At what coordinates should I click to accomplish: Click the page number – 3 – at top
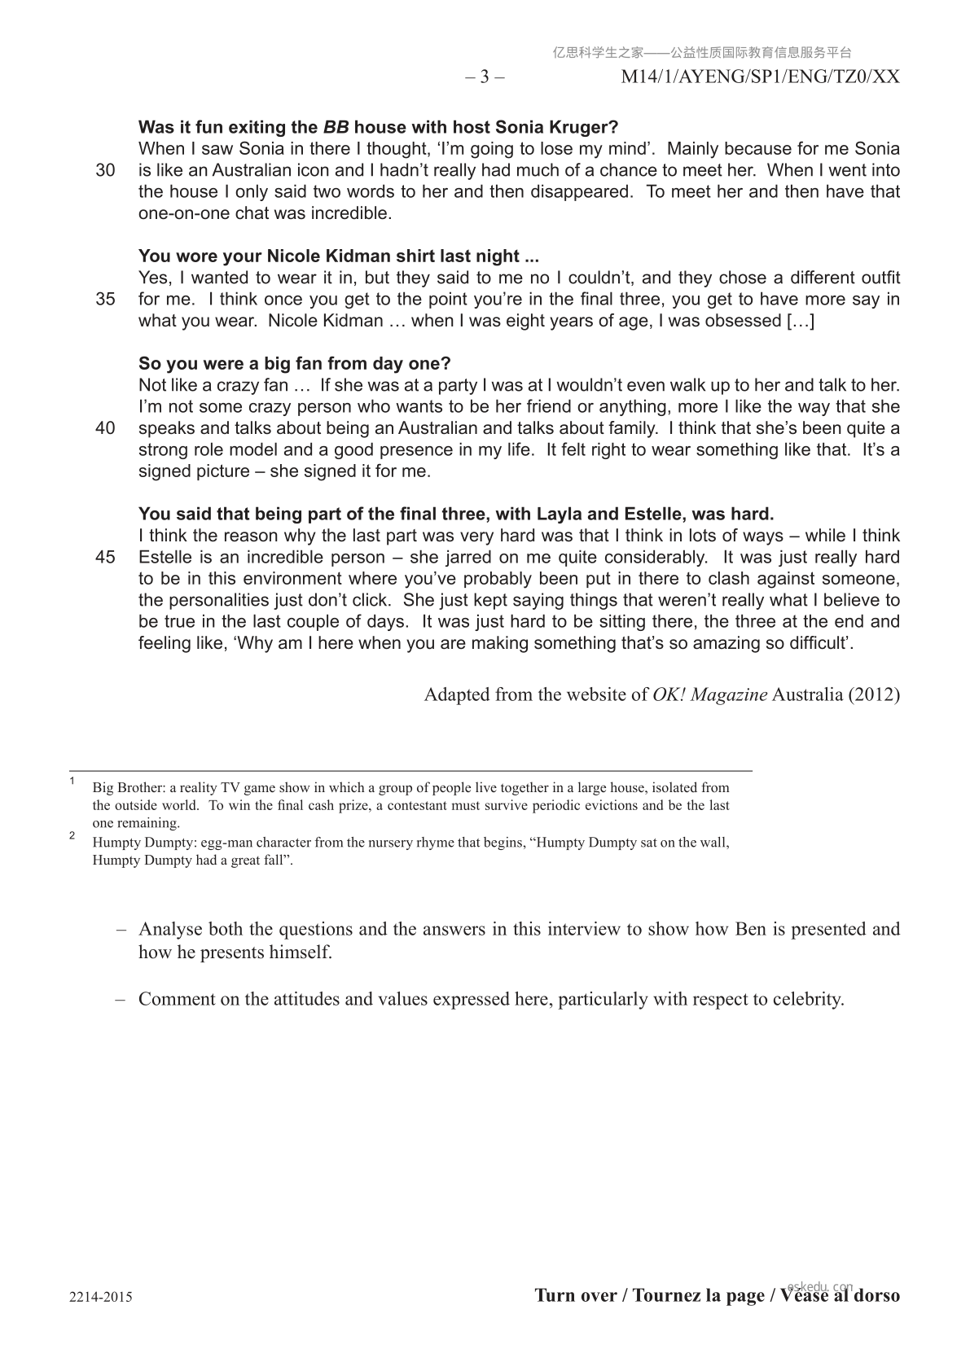485,77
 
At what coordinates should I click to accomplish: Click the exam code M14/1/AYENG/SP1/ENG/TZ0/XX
760,77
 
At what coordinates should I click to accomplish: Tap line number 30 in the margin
105,170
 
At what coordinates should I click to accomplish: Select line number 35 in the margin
105,299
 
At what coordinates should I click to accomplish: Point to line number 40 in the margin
105,428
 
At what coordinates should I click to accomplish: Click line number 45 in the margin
105,558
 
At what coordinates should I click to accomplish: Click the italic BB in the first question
336,127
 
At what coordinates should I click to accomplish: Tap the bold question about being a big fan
294,363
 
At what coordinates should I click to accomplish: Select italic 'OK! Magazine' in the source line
709,694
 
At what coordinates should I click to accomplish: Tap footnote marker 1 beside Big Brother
72,782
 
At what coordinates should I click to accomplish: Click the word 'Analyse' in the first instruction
170,929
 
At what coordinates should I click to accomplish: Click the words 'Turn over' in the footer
575,1295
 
